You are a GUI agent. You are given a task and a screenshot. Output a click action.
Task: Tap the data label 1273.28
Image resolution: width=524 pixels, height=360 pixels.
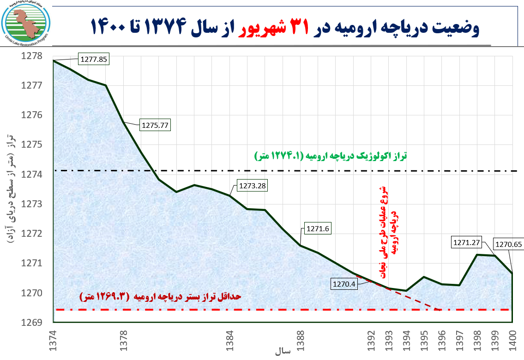[252, 186]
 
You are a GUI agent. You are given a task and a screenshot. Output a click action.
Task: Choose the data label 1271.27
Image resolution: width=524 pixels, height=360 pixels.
[467, 242]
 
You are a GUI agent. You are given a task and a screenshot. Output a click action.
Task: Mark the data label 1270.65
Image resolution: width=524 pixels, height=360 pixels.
[508, 245]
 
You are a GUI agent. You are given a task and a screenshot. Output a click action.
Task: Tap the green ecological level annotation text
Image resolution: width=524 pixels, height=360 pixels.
[331, 156]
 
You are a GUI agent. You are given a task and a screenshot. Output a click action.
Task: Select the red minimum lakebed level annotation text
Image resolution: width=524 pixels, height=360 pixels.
[161, 297]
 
